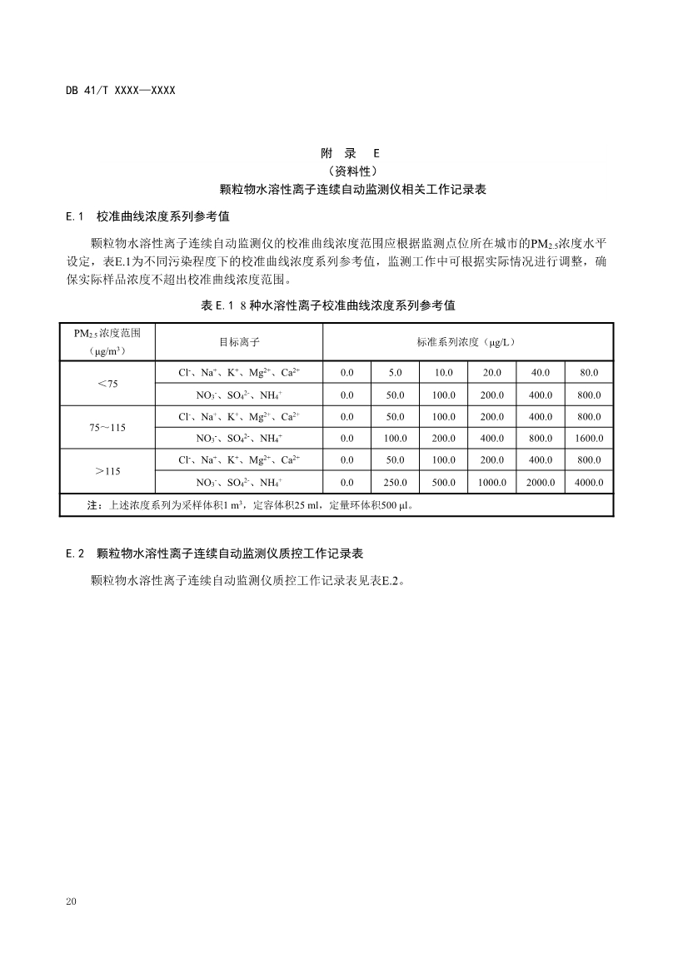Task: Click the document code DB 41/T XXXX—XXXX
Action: pos(121,90)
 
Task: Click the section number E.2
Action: pos(75,553)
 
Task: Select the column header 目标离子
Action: pos(239,342)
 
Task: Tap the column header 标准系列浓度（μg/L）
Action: pos(468,342)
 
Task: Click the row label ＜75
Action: pos(107,384)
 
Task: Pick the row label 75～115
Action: pos(107,427)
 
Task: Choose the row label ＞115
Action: pos(107,471)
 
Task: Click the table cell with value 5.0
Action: pos(395,373)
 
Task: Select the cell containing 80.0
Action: pos(589,373)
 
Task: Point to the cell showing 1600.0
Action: pos(589,439)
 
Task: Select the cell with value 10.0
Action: pos(443,373)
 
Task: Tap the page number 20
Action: pos(71,902)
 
